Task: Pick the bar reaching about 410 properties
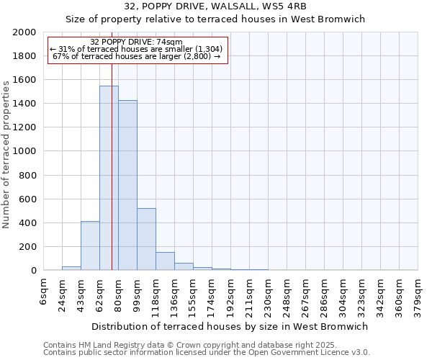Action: (x=90, y=246)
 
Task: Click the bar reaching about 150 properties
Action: (x=165, y=261)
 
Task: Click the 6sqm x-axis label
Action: (x=44, y=291)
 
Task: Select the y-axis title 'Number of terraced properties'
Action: (x=6, y=154)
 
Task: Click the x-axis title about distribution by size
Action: (x=230, y=326)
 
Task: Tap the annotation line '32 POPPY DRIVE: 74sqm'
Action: (x=137, y=42)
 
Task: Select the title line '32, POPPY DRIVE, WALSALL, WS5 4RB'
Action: (x=216, y=6)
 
